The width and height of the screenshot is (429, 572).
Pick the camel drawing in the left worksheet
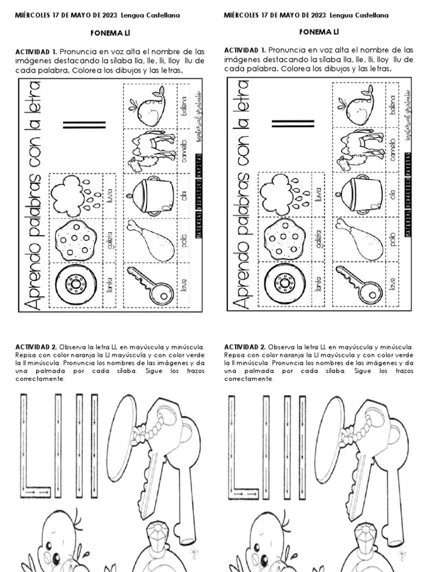149,150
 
